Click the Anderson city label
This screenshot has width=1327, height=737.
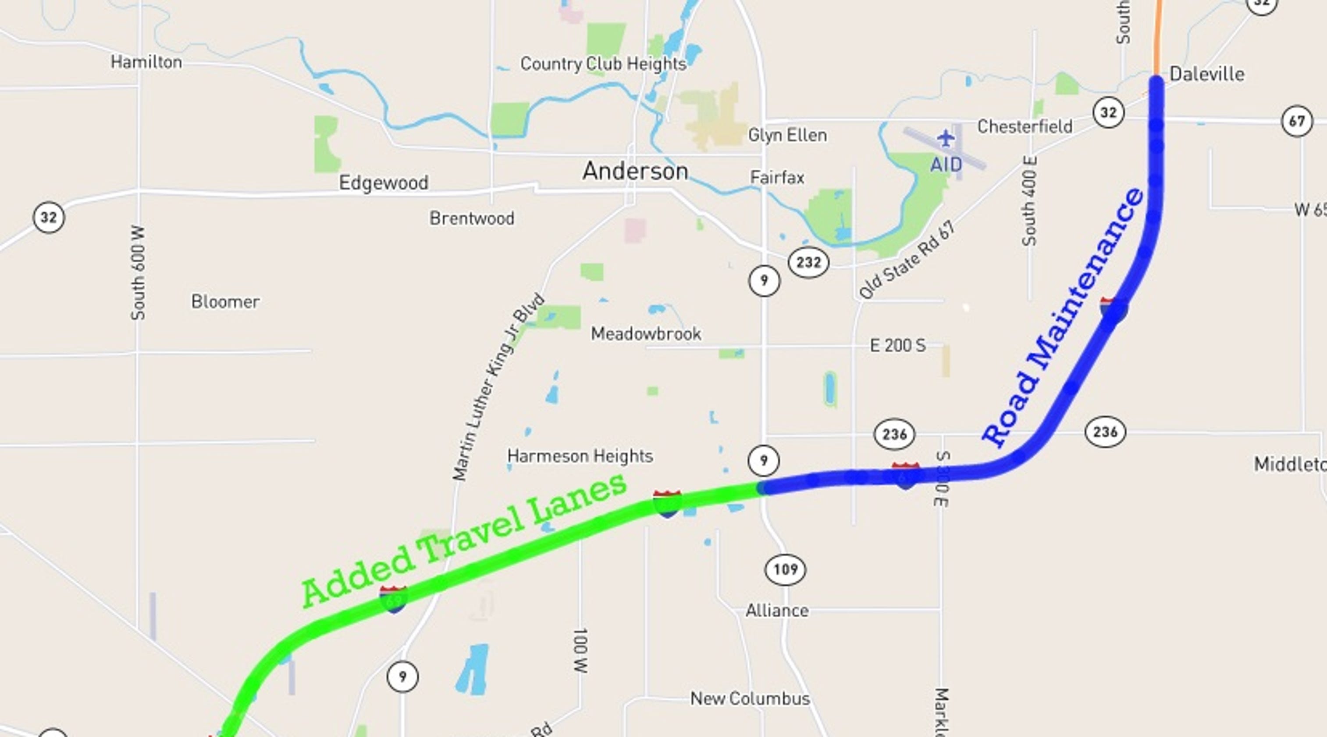(635, 171)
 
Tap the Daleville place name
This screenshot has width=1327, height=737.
(1206, 74)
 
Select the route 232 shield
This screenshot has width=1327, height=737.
(808, 262)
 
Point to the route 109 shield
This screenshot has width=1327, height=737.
(785, 569)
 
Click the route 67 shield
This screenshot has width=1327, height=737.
(1297, 122)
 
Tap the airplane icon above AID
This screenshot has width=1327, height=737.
(946, 138)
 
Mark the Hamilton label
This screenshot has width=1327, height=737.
(146, 62)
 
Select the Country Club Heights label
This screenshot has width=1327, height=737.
(603, 64)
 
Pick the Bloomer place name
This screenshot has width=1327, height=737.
(225, 301)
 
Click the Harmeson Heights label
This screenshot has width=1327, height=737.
(580, 456)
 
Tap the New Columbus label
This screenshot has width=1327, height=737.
(750, 699)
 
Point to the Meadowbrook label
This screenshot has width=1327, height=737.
(645, 334)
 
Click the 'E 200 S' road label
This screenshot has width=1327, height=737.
(897, 345)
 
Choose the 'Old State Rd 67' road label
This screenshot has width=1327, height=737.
(907, 260)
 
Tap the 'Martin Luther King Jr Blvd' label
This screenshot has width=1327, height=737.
(498, 386)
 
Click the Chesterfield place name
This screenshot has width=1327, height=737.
(1025, 127)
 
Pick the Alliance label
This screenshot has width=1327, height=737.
(777, 611)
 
